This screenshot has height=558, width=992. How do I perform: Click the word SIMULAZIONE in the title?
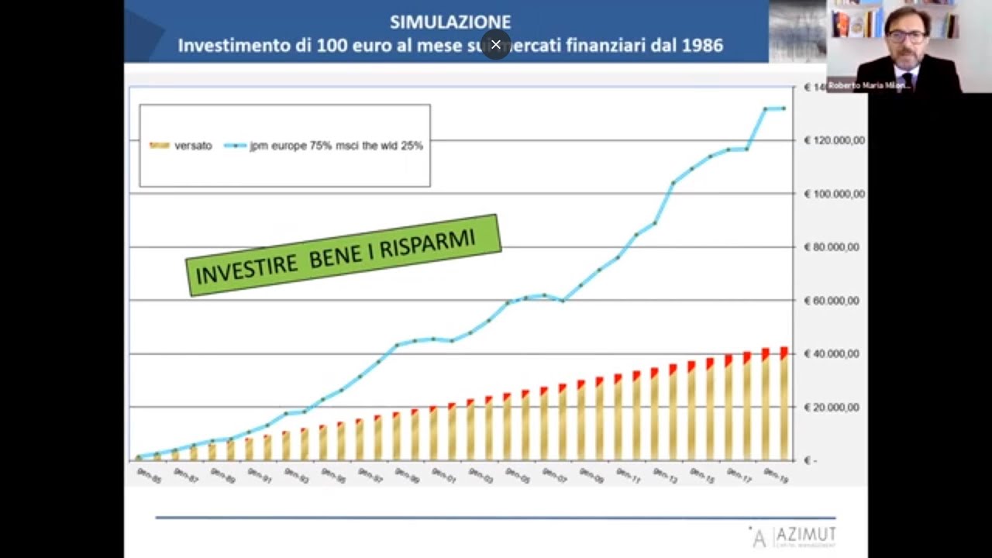click(x=450, y=22)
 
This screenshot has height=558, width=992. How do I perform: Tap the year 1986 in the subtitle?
click(x=703, y=46)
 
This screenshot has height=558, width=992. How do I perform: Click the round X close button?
click(x=496, y=45)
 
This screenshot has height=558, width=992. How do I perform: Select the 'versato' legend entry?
click(x=193, y=146)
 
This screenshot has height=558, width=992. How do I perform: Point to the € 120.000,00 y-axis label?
click(x=834, y=140)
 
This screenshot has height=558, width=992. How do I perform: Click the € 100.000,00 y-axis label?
click(x=834, y=194)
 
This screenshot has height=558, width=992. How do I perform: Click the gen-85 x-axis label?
click(x=147, y=475)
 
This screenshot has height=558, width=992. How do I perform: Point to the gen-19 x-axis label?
click(x=776, y=475)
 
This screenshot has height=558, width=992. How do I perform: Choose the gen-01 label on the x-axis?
click(x=443, y=475)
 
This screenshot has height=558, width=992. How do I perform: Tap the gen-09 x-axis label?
click(x=591, y=475)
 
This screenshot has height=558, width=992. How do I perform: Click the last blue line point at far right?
click(x=784, y=108)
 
